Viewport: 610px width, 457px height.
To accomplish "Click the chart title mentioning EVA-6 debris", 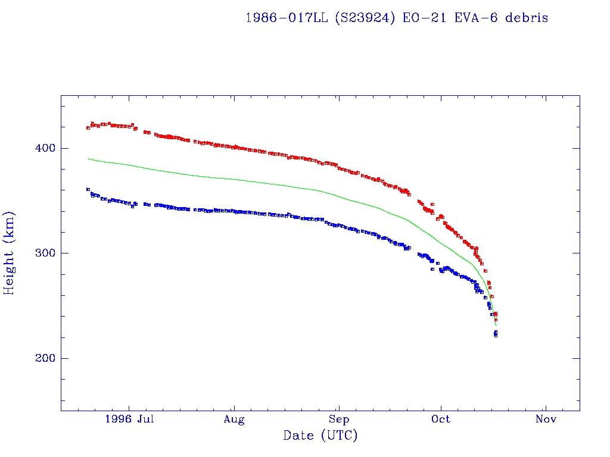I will point(397,18).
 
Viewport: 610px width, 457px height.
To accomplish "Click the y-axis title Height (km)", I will point(10,253).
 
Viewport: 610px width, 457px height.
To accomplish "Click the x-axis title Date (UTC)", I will point(320,436).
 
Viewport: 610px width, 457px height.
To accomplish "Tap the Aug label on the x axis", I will point(234,420).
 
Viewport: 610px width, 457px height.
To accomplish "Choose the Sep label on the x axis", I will point(339,420).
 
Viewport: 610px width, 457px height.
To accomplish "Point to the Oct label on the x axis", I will point(441,420).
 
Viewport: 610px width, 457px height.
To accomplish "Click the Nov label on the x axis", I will point(546,420).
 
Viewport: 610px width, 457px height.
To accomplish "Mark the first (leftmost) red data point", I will point(88,128).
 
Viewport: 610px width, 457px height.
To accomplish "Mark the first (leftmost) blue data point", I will point(88,189).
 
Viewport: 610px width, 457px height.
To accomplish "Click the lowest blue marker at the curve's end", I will point(496,336).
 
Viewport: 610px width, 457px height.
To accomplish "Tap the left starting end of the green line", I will point(88,159).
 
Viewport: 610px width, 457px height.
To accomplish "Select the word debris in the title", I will point(527,18).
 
